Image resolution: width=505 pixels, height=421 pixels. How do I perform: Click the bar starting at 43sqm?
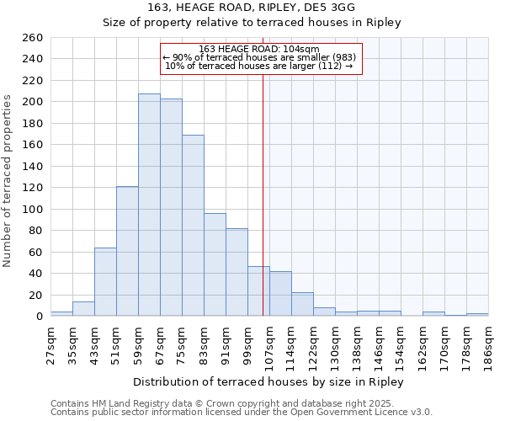[x=105, y=282]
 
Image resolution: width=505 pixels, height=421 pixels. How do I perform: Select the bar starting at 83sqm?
[x=215, y=264]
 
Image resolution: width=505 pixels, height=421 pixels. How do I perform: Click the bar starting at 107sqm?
[x=280, y=294]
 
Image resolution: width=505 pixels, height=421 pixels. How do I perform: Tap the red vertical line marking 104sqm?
[x=263, y=168]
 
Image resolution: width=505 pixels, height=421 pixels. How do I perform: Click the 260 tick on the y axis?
[x=34, y=38]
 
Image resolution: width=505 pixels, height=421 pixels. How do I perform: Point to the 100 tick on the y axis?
[x=34, y=210]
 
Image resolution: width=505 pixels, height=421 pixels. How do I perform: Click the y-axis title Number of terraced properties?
[x=8, y=181]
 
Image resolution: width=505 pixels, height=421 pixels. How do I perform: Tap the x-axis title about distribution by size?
[x=268, y=382]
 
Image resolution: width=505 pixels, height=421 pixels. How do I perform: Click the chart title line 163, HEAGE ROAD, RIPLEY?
[x=252, y=7]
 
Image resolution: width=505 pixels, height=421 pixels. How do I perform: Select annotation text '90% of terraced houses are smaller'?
[x=259, y=57]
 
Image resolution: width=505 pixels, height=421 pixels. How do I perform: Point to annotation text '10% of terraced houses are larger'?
[x=259, y=66]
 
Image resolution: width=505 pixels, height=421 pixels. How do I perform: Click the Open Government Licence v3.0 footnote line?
[x=242, y=413]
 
